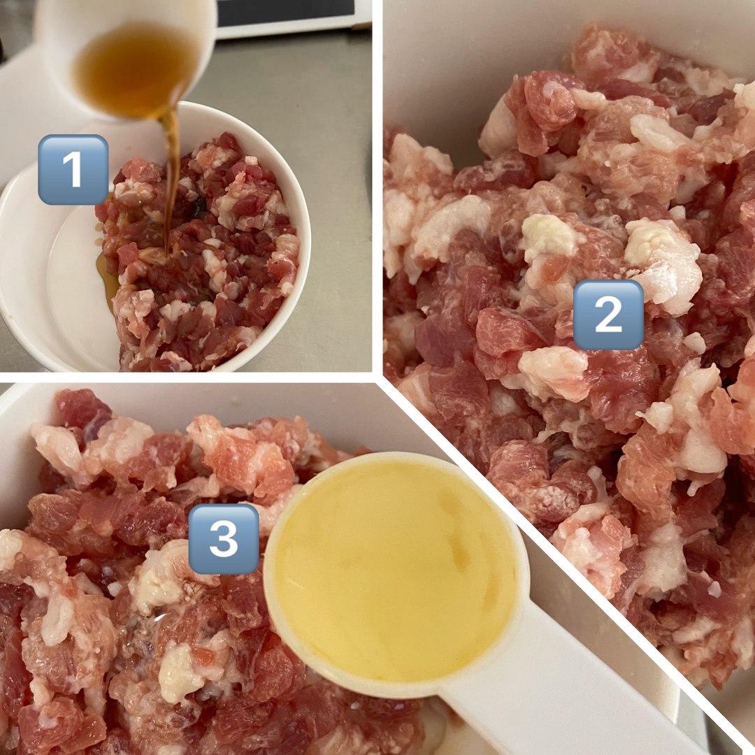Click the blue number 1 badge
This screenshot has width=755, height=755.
73,169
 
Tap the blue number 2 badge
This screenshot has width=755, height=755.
608,315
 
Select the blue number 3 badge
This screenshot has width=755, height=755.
224,539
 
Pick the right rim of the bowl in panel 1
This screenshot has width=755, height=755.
303,240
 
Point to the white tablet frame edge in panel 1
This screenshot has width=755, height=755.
289,31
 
